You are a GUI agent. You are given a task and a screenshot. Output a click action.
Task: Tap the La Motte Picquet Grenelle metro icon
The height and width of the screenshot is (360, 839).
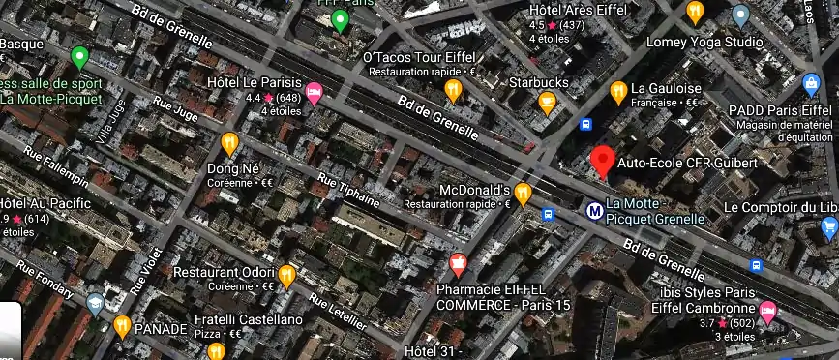click(594, 208)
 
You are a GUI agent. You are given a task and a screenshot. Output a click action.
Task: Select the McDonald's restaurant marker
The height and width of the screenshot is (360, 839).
click(524, 194)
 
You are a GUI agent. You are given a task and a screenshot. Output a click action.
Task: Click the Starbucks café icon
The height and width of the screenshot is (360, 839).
click(548, 102)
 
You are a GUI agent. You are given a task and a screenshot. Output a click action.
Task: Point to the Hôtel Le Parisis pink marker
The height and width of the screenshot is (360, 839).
click(314, 93)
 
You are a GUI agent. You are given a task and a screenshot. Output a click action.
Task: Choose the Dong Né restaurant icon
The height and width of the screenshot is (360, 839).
click(229, 143)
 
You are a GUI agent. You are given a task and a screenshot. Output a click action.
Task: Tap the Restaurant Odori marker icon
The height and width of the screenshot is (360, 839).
click(286, 276)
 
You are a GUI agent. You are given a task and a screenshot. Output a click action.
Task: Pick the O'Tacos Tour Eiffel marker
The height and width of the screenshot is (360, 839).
click(453, 89)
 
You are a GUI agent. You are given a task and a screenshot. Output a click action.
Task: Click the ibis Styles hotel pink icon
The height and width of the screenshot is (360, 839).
click(768, 311)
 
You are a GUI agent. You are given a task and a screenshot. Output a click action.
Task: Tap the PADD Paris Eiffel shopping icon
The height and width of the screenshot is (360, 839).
click(811, 83)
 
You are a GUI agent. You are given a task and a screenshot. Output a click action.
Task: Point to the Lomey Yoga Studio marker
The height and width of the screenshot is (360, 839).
click(741, 15)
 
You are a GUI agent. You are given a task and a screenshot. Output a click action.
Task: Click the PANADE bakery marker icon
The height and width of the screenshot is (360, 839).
click(122, 325)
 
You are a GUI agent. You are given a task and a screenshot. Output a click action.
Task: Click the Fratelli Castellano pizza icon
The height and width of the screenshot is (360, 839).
click(216, 350)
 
